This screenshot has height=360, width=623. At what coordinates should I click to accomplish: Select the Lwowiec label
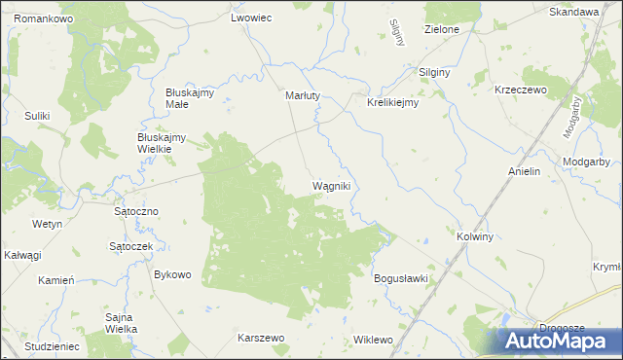pos(250,18)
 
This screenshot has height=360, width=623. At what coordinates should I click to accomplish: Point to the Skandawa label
pos(573,12)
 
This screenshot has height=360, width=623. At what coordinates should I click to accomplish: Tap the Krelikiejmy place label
pos(392,102)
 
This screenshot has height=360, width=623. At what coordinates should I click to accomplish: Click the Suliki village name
pos(37,117)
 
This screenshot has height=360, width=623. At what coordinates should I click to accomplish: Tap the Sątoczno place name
pos(135,210)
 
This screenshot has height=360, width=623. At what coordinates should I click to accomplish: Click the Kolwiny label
pos(475,236)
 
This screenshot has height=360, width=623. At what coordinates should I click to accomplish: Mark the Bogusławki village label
pos(401,278)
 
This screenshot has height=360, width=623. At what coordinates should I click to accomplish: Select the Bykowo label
pos(172,274)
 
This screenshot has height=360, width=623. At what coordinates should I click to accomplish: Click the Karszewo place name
pos(260,338)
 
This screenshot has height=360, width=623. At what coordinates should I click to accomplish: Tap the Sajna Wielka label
pos(121,323)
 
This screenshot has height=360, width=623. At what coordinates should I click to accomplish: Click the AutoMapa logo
pos(560,341)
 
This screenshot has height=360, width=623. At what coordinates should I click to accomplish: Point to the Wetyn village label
pos(47,224)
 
